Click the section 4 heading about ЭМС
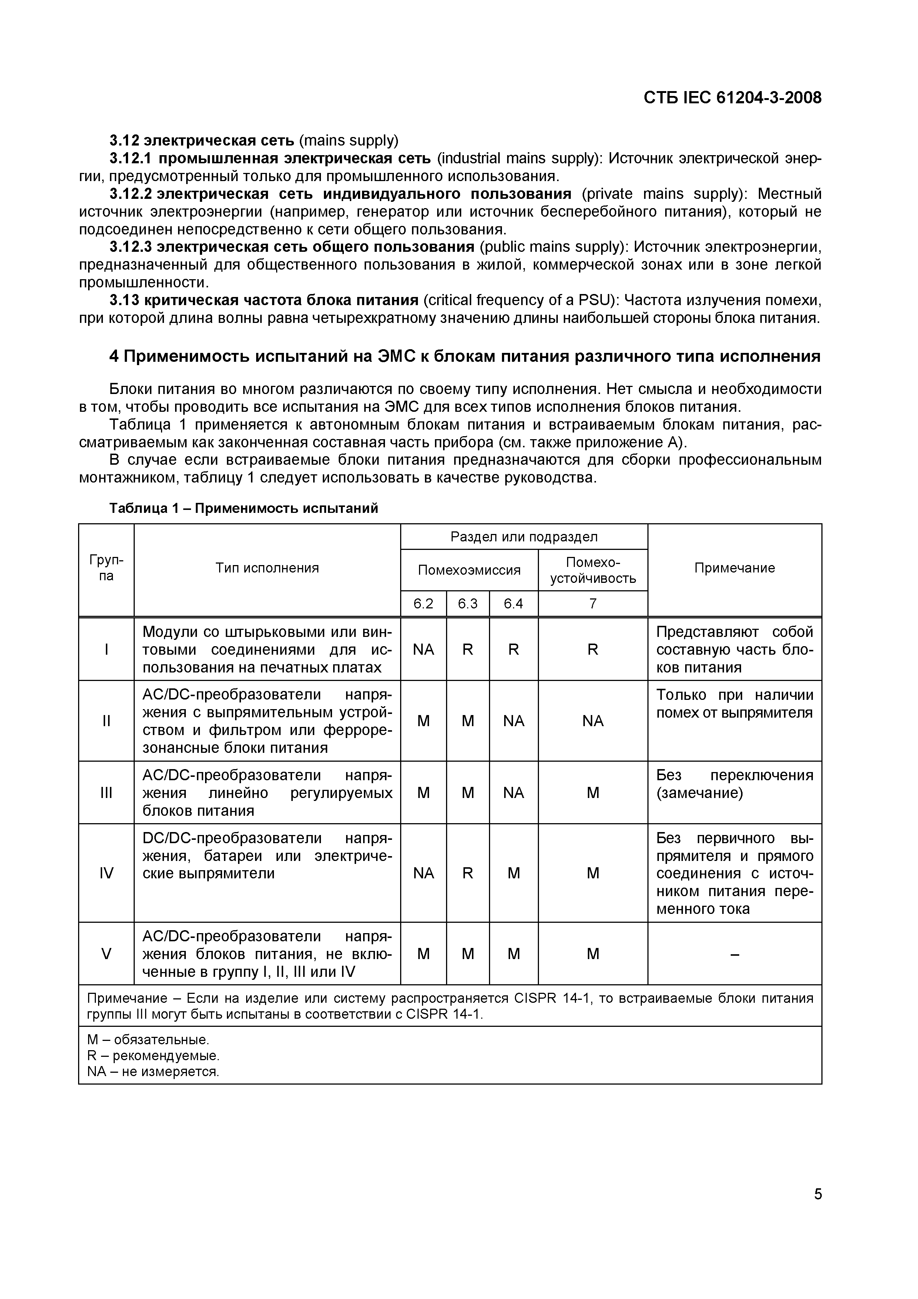[465, 357]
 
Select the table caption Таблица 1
[243, 508]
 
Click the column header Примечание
[734, 568]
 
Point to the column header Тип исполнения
[267, 568]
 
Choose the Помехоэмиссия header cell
[469, 570]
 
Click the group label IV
[106, 873]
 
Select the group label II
[106, 721]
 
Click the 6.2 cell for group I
[423, 649]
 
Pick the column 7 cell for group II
[592, 721]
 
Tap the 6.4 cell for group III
[513, 793]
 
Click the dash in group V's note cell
[734, 954]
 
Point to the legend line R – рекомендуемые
[153, 1056]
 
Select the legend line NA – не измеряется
[153, 1072]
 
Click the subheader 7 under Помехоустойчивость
[592, 604]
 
